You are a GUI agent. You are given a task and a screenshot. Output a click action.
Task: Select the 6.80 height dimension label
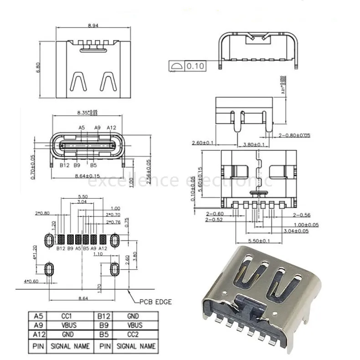coord(40,67)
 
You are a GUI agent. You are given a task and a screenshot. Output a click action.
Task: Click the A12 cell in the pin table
coord(37,335)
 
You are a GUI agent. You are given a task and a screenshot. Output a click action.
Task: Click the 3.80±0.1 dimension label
coord(253,144)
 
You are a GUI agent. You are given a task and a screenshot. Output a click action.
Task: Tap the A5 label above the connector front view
coord(82,128)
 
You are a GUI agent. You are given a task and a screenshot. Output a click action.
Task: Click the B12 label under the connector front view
coord(64,165)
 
